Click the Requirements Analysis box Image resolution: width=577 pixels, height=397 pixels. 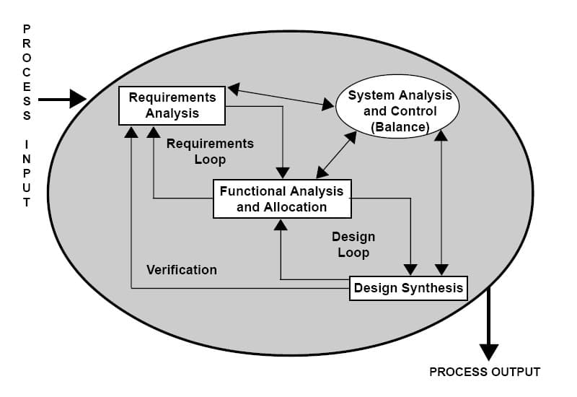[172, 105]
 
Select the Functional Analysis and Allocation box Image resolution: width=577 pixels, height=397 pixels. [282, 199]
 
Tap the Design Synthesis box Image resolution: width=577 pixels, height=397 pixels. [408, 289]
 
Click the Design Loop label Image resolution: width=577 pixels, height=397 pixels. [353, 244]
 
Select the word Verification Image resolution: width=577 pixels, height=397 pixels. [182, 270]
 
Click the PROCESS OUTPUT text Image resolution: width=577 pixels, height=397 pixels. [485, 372]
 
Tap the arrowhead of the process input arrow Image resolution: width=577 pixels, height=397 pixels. [78, 99]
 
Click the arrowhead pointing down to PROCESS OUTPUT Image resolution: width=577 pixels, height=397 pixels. [489, 352]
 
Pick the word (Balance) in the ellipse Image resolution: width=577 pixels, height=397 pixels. [400, 127]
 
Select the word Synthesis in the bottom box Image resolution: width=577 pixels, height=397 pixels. [432, 289]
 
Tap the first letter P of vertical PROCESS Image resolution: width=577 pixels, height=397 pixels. [27, 29]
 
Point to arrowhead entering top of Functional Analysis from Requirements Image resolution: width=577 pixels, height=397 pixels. [283, 173]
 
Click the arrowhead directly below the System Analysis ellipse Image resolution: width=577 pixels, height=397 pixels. [441, 136]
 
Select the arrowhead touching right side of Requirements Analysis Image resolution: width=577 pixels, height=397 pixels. [234, 90]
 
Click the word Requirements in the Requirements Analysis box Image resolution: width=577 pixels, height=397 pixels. [172, 97]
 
